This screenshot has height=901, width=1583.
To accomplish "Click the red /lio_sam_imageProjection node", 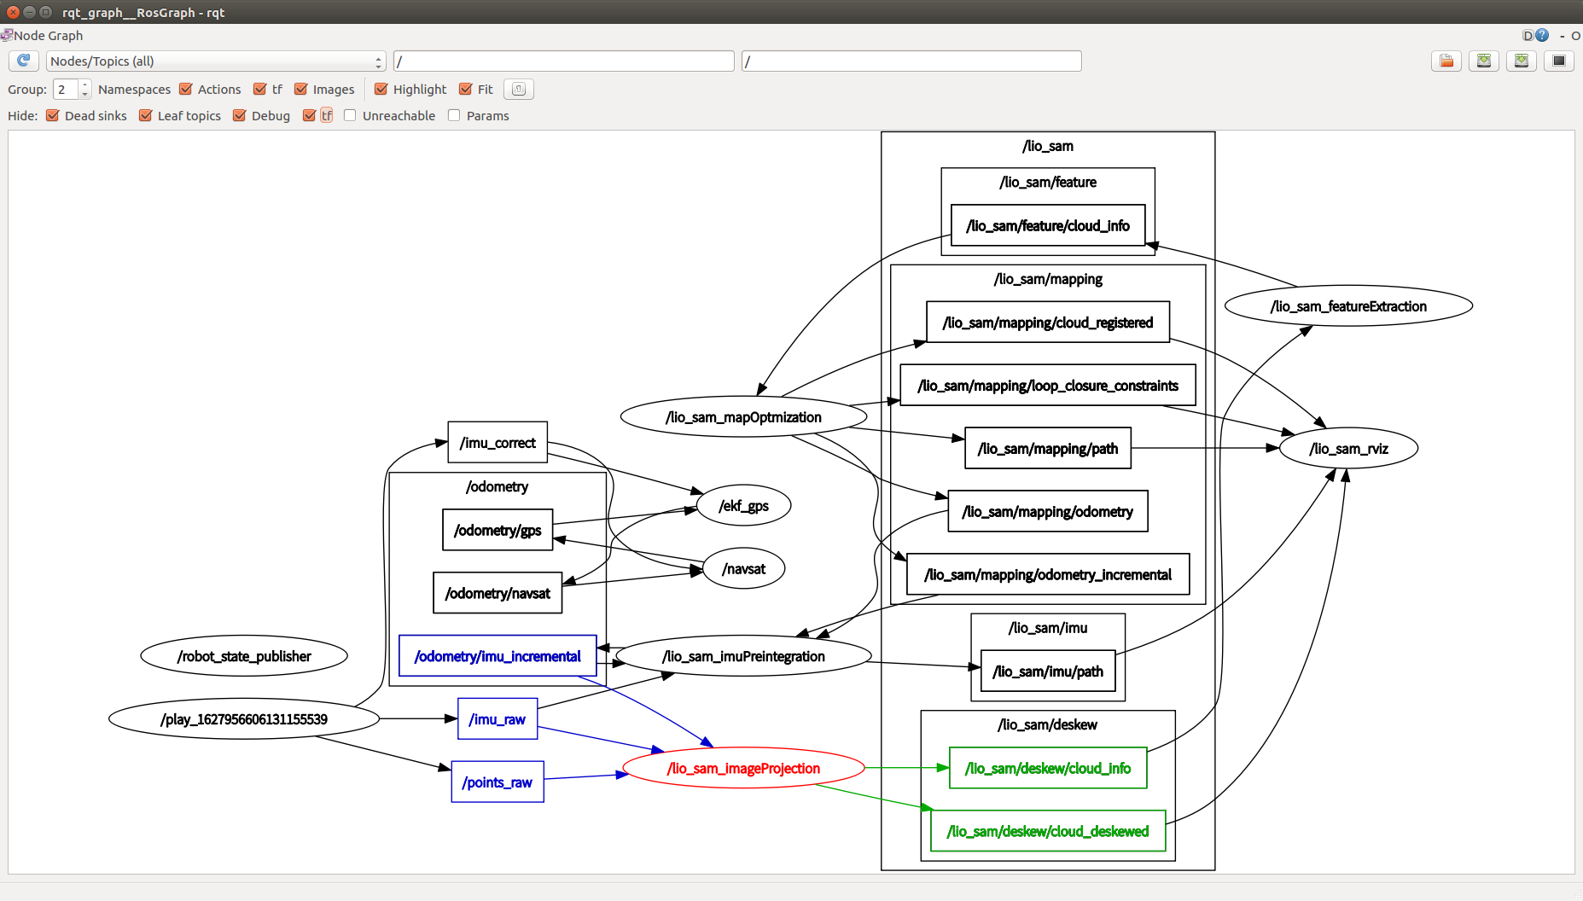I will tap(743, 768).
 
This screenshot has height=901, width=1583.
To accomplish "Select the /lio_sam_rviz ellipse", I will tap(1348, 449).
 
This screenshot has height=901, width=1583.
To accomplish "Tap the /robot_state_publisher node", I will tap(244, 656).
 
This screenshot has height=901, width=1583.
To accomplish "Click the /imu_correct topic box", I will tap(498, 443).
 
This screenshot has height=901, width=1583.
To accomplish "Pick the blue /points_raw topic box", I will tap(498, 782).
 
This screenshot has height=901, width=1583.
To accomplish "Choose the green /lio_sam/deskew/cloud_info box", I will tap(1047, 768).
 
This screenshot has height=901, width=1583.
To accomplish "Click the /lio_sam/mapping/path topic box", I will tap(1047, 449).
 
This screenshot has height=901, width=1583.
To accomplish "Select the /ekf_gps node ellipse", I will tap(743, 506).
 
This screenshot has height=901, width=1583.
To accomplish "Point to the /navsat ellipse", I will tap(743, 569).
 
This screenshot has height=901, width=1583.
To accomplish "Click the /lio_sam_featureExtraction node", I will tap(1348, 306).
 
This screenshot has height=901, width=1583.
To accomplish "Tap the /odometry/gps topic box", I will tap(498, 531).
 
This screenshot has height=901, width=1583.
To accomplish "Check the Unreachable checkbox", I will tap(350, 115).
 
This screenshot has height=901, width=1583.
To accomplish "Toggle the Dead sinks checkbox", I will tap(53, 115).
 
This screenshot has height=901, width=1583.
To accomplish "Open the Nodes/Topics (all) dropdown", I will tap(216, 61).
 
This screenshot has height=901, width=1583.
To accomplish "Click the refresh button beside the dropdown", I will tap(24, 61).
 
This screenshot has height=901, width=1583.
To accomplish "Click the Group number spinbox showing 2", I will tap(66, 89).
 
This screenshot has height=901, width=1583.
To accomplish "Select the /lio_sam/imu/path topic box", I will tap(1047, 671).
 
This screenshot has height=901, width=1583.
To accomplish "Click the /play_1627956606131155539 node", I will tap(244, 719).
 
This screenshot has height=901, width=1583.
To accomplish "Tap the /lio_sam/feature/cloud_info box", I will tap(1047, 226).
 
